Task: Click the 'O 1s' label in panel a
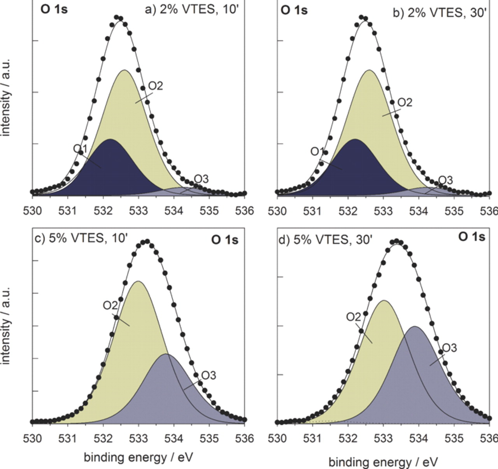click(x=54, y=9)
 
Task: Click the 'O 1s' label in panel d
click(x=472, y=237)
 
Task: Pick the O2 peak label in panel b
click(x=404, y=103)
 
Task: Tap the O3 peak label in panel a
click(x=201, y=179)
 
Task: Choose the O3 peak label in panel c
click(x=208, y=375)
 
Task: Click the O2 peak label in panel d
click(x=354, y=317)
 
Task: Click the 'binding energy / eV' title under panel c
click(x=138, y=457)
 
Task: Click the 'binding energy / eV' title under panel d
click(x=383, y=462)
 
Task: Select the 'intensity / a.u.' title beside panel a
click(x=6, y=97)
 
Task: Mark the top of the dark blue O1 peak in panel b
click(x=355, y=139)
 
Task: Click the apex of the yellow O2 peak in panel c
click(x=138, y=281)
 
